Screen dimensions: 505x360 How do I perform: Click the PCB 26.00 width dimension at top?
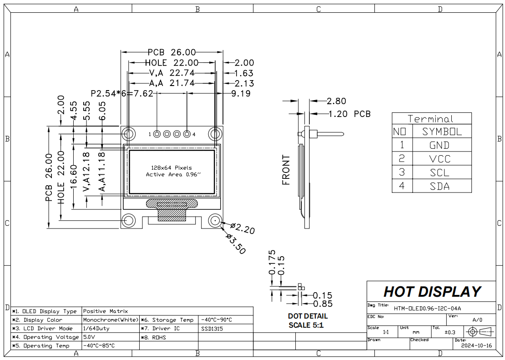click(x=172, y=52)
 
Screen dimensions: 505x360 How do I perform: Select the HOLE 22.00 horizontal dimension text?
click(x=172, y=62)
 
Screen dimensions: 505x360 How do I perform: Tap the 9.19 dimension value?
click(x=241, y=93)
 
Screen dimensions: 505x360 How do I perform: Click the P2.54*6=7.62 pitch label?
click(x=122, y=93)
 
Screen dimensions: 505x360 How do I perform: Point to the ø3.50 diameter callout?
click(x=236, y=244)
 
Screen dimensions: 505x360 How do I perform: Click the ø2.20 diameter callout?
click(x=243, y=228)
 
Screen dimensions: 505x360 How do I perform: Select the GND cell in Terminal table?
click(x=439, y=145)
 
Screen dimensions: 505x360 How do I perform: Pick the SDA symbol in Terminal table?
click(x=439, y=186)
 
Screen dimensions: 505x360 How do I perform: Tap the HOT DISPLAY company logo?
click(x=432, y=292)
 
